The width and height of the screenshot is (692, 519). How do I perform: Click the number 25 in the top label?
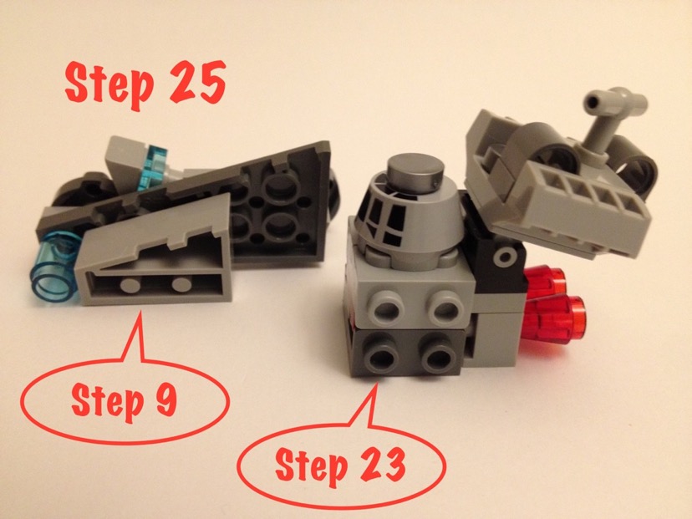[x=198, y=82]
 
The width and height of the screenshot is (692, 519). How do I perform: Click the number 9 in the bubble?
[x=166, y=399]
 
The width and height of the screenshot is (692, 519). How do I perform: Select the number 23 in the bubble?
[x=383, y=465]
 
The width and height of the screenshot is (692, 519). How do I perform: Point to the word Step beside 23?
[x=311, y=466]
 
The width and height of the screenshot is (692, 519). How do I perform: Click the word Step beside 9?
[x=107, y=403]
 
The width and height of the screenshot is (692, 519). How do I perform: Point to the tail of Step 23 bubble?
[x=376, y=383]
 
